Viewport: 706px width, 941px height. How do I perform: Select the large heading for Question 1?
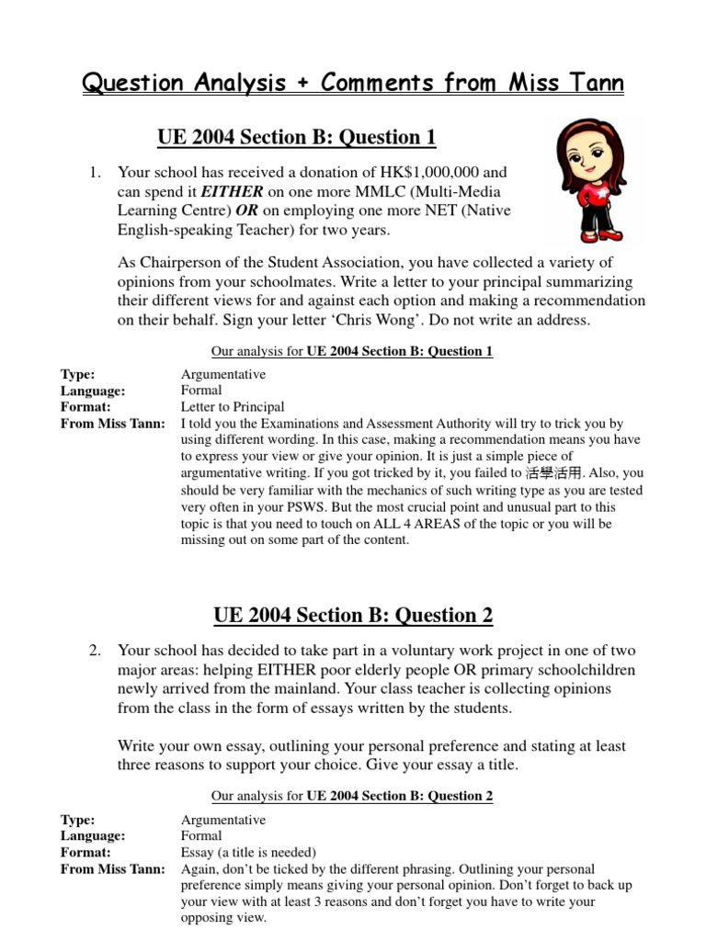(x=296, y=138)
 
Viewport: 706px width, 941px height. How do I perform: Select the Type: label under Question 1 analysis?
(x=78, y=374)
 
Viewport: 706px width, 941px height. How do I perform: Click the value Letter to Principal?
(x=233, y=407)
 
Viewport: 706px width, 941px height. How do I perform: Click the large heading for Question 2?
(x=352, y=615)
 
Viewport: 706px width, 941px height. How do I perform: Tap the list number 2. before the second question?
(x=96, y=651)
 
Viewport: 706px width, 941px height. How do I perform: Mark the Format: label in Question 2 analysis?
(x=85, y=852)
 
